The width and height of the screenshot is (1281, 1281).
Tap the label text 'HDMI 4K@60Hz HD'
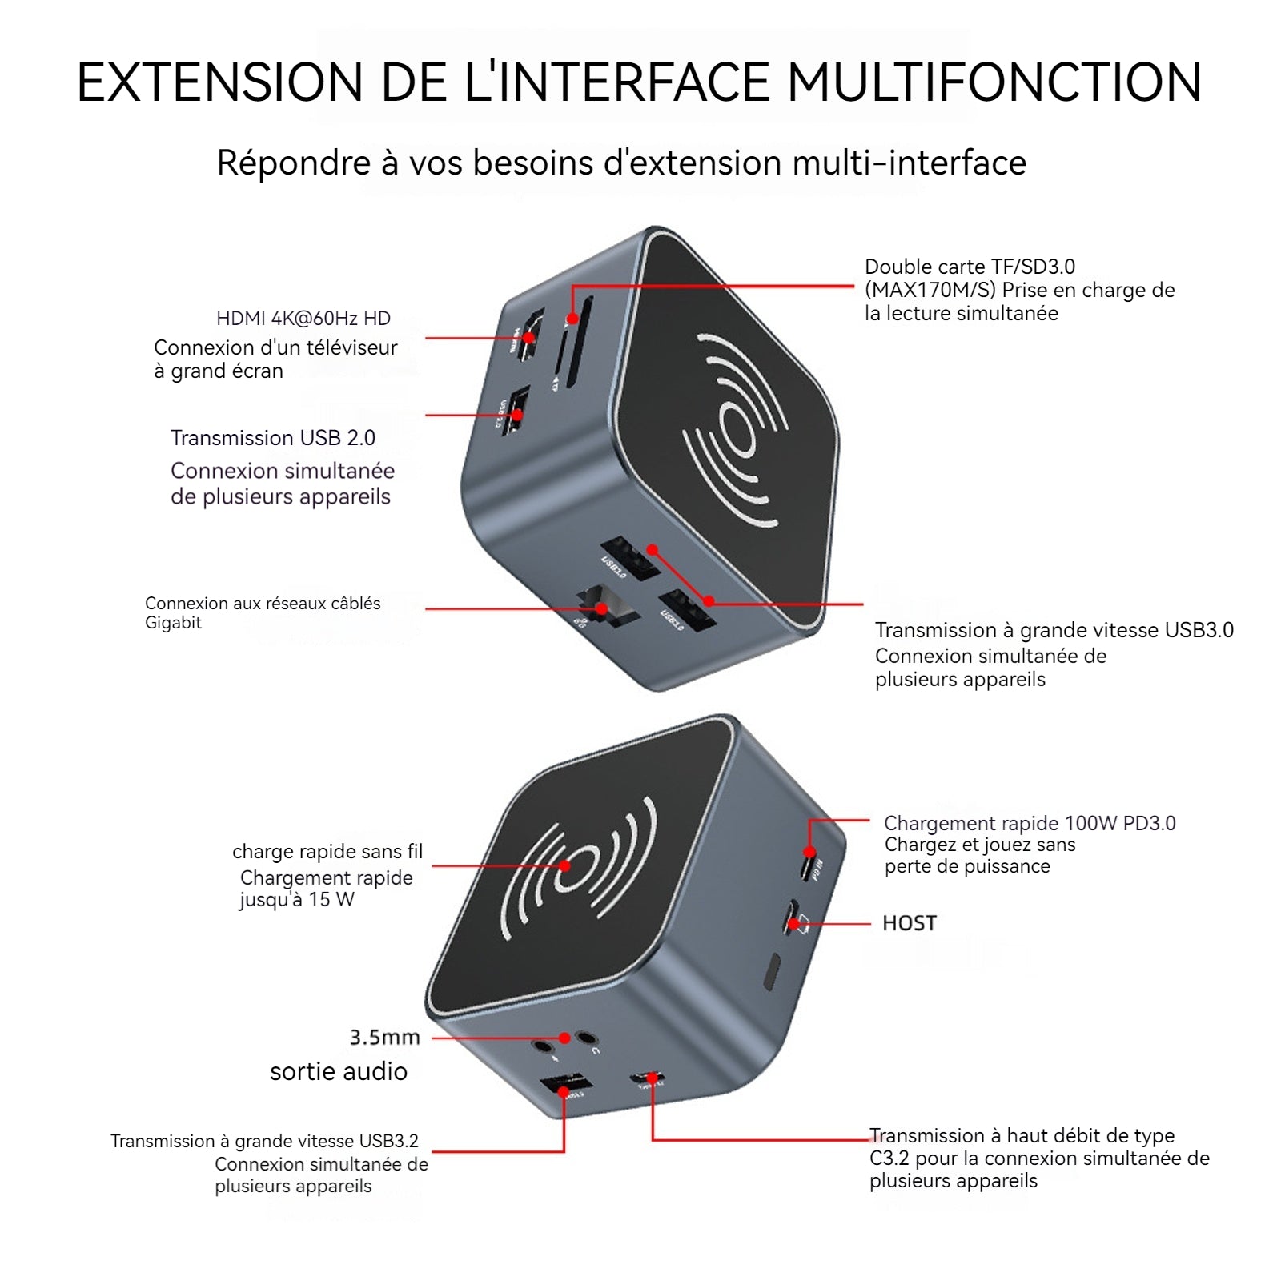[303, 319]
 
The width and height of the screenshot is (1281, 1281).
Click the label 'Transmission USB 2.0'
[273, 438]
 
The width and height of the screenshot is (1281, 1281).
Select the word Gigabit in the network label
[173, 623]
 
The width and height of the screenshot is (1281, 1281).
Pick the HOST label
[909, 923]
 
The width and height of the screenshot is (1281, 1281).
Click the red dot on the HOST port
[793, 924]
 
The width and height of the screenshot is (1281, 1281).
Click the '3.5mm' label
[384, 1038]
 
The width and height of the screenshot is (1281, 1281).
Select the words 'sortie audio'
[339, 1071]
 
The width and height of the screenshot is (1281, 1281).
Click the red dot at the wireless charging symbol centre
[565, 865]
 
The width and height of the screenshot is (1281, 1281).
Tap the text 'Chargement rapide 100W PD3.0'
[1030, 823]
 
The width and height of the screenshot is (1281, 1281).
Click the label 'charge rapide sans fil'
[327, 851]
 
